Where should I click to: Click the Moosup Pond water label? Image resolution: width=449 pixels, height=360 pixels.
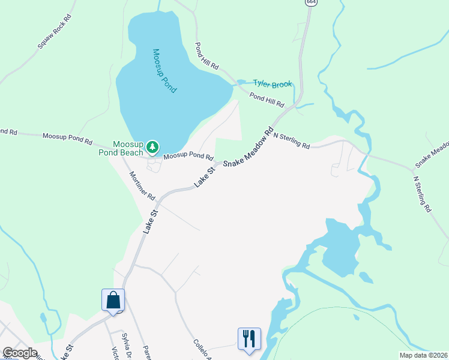pyautogui.click(x=164, y=70)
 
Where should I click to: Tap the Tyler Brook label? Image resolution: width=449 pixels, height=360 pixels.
pyautogui.click(x=272, y=84)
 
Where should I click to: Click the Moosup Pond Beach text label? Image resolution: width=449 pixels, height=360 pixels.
pyautogui.click(x=121, y=148)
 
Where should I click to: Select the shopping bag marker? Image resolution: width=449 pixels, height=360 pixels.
pyautogui.click(x=113, y=300)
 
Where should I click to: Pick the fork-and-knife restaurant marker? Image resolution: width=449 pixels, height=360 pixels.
pyautogui.click(x=249, y=338)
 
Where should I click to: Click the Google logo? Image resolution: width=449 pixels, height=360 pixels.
pyautogui.click(x=19, y=353)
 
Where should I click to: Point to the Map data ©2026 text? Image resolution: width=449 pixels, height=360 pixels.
pyautogui.click(x=423, y=355)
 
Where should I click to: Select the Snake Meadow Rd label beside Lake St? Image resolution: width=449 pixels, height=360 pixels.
pyautogui.click(x=249, y=147)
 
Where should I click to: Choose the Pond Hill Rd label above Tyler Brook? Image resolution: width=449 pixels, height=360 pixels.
pyautogui.click(x=206, y=56)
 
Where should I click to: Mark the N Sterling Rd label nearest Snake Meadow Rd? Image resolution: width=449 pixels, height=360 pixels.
pyautogui.click(x=291, y=140)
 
